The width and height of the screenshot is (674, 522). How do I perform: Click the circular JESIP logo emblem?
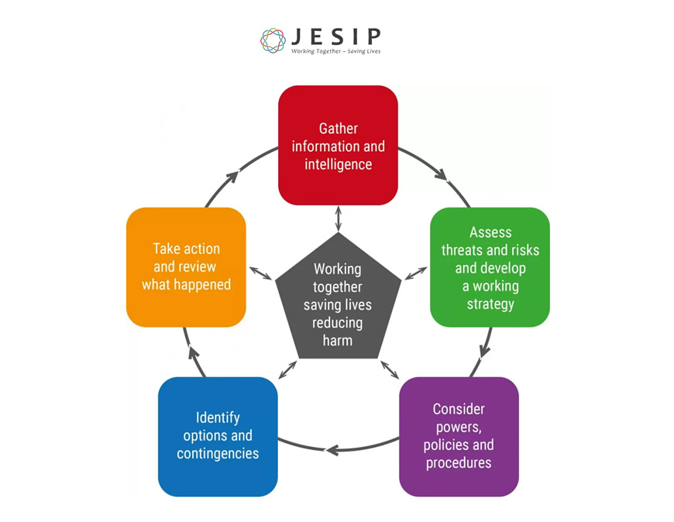273,40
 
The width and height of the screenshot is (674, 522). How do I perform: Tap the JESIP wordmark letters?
335,36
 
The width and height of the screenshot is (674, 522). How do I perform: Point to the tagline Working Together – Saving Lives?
335,52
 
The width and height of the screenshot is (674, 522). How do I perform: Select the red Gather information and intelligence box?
338,145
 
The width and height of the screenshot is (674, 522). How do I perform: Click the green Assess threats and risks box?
490,267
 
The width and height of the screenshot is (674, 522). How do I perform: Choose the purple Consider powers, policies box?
459,436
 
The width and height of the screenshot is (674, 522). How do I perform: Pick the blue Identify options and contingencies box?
218,436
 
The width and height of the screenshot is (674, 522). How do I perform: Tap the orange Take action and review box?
186,267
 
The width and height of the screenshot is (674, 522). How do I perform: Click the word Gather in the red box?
338,128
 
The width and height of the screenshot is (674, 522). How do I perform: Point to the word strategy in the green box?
490,304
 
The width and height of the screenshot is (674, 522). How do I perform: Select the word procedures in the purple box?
459,462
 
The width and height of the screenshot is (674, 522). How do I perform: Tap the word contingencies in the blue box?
218,453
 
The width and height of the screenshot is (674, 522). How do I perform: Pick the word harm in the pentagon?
338,340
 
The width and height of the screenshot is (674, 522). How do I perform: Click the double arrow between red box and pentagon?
338,219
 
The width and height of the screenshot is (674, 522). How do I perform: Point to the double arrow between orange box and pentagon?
260,273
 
